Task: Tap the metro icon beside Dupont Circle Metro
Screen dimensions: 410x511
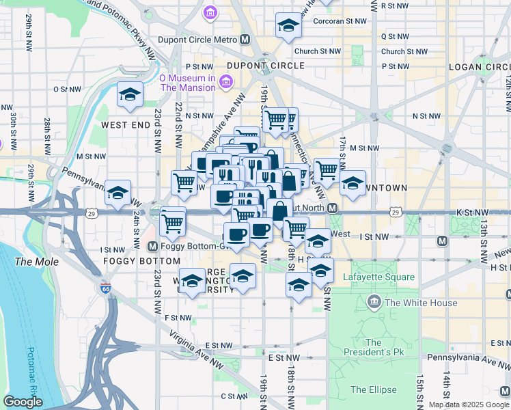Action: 244,40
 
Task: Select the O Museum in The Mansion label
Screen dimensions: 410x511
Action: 187,83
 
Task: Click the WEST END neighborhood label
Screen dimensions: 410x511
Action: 125,126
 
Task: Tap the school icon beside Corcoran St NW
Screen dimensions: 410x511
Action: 288,26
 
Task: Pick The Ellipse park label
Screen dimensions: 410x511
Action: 369,389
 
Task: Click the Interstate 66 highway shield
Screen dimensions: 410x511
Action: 105,289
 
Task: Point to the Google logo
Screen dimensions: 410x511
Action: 23,402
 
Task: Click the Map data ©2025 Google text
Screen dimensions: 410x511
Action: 468,405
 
